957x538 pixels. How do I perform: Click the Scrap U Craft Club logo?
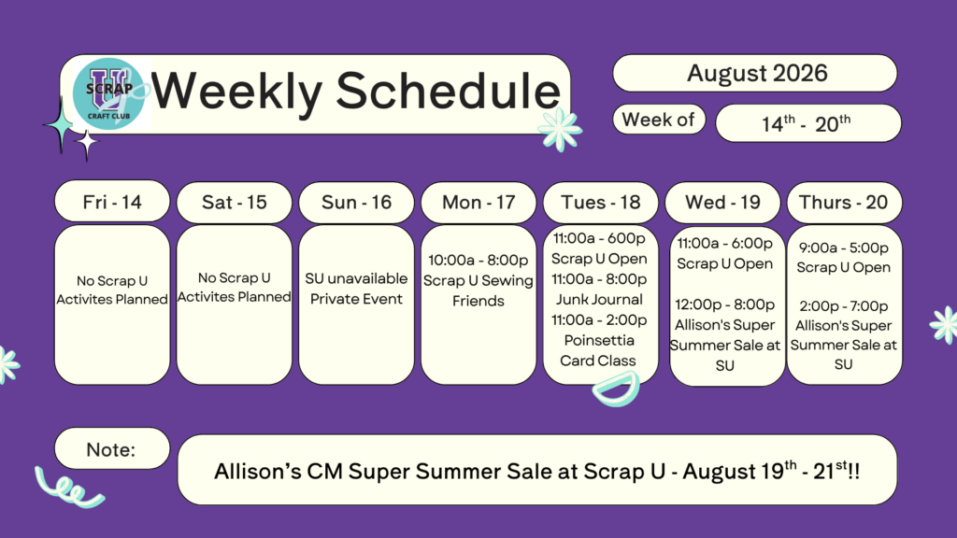tap(109, 93)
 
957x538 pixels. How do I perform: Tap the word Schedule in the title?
tap(448, 91)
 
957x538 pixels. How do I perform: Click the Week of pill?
tap(659, 120)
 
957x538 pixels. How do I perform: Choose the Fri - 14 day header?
tap(112, 202)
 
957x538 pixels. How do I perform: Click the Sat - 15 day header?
tap(235, 202)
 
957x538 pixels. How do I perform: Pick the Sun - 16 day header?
tap(356, 202)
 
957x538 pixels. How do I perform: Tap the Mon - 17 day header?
tap(478, 202)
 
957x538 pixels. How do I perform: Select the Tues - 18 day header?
tap(601, 202)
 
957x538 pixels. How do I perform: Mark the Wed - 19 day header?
tap(722, 202)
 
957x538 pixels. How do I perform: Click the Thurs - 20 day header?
tap(845, 202)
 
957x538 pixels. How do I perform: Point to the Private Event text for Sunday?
tap(356, 299)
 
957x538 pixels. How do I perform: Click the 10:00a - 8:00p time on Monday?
tap(478, 260)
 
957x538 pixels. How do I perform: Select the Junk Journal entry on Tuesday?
tap(599, 300)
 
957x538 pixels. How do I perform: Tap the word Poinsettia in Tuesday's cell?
tap(599, 340)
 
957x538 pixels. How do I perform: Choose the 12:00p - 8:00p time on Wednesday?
tap(724, 304)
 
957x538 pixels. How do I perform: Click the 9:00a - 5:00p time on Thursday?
tap(844, 248)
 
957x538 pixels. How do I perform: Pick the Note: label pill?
tap(112, 448)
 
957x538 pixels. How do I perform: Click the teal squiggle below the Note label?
tap(68, 488)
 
